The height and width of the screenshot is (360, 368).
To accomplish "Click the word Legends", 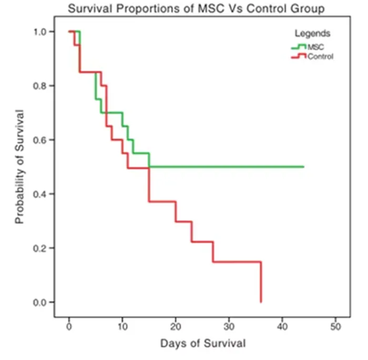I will point(313,33).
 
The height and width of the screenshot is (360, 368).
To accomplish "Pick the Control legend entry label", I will point(320,56).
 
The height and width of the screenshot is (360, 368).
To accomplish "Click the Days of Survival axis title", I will point(202,345).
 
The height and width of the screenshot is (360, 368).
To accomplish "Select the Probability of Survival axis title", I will point(20,166).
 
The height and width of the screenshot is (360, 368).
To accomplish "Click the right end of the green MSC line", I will point(303,167).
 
